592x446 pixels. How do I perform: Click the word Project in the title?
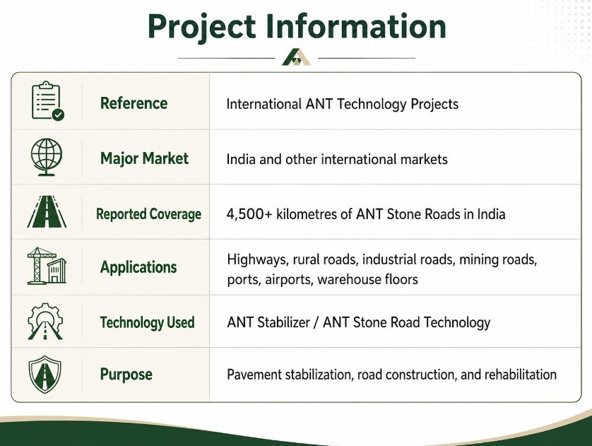coord(201,27)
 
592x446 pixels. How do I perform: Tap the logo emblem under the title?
coord(297,57)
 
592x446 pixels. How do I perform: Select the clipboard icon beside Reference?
coord(47,101)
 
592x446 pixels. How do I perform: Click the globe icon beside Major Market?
coord(47,157)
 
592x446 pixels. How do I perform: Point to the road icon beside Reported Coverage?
coord(47,211)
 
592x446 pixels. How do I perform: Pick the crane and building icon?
coord(47,266)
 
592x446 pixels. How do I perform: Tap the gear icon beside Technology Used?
coord(45,322)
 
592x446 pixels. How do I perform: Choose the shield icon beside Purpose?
coord(45,374)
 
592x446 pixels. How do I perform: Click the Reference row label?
coord(134,103)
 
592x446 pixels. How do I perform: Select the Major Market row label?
coord(144,158)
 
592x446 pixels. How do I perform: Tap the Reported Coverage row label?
coord(148,213)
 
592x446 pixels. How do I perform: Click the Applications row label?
coord(138,267)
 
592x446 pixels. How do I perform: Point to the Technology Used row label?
coord(147,322)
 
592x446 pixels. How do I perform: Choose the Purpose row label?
coord(126,374)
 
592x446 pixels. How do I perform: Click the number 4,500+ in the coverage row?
coord(249,214)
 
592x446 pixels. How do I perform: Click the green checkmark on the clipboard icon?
coord(58,115)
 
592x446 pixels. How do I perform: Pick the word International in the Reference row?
coord(264,104)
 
